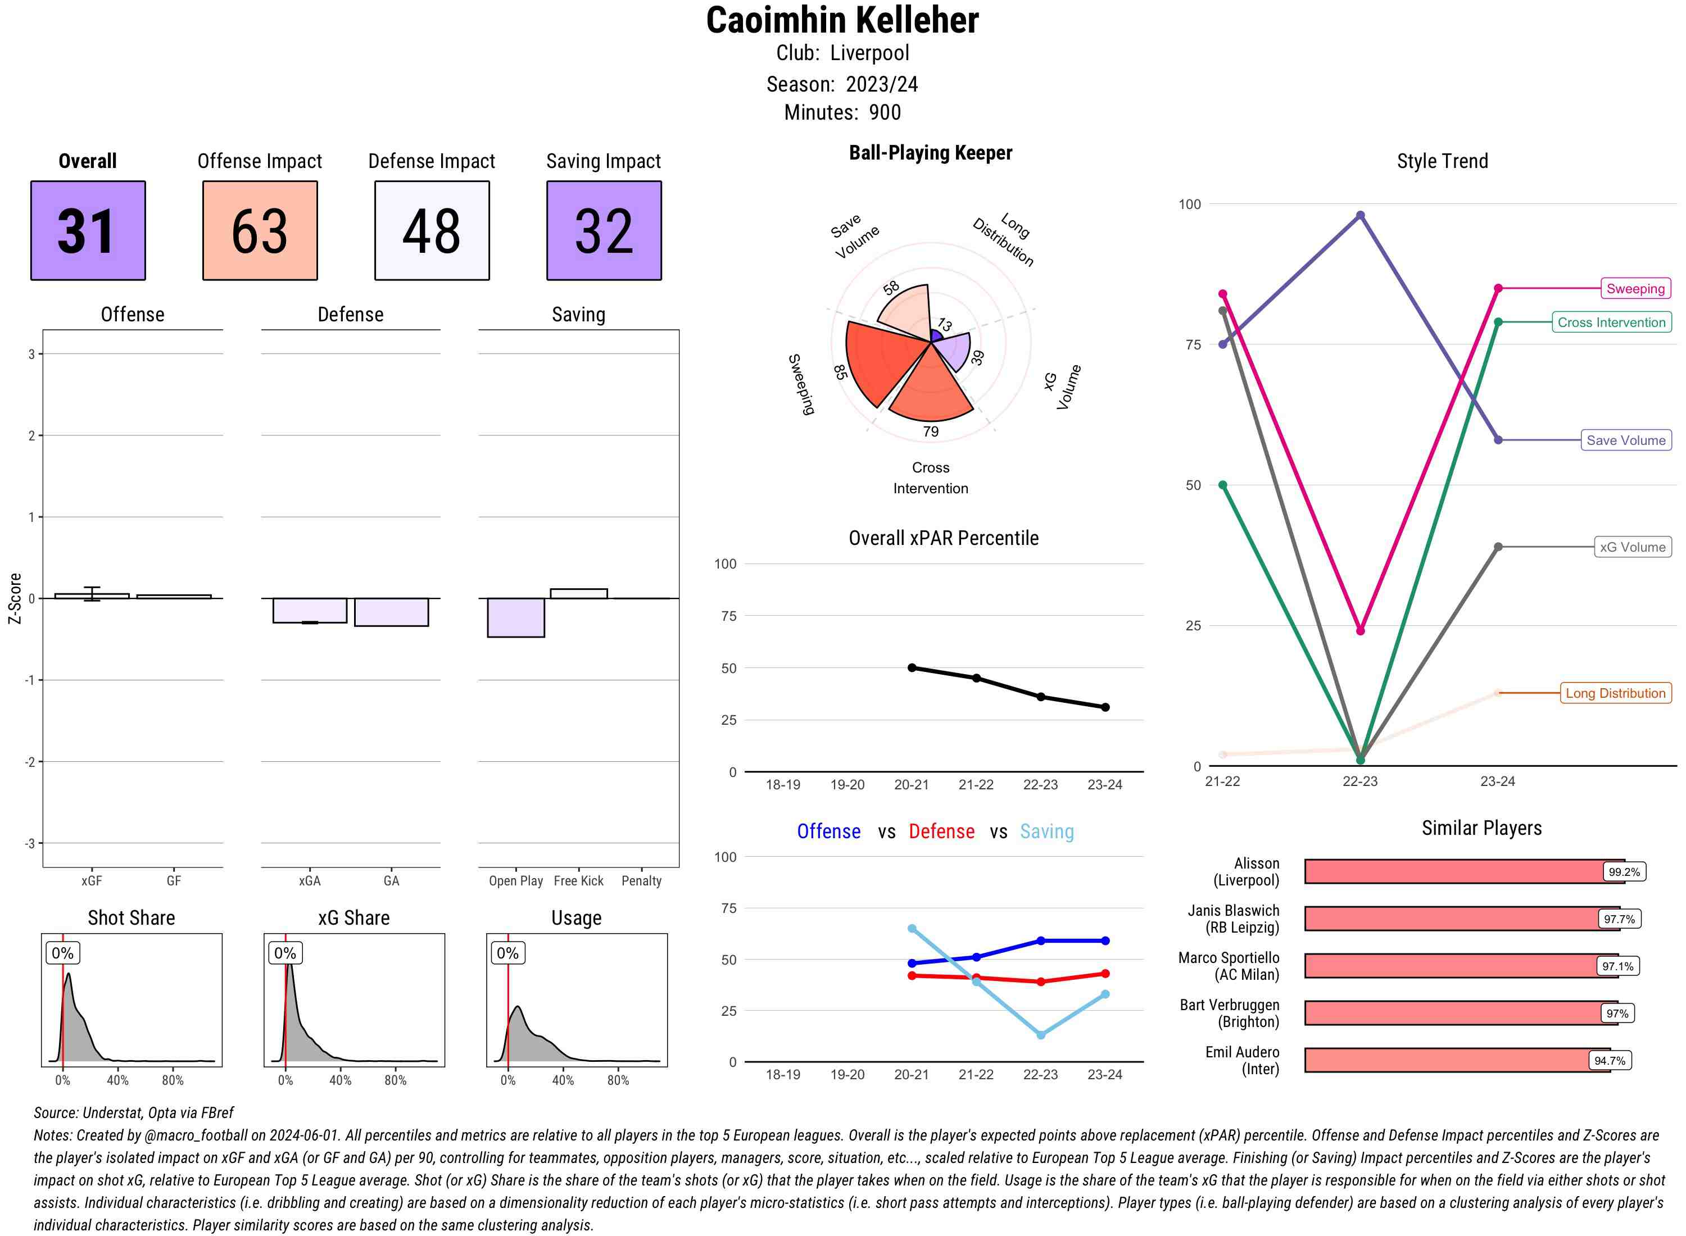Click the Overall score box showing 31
point(88,230)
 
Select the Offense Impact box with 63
point(260,230)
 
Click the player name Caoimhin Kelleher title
point(842,20)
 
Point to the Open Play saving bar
point(515,617)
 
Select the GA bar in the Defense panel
point(391,612)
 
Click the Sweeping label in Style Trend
point(1634,289)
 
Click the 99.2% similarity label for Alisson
point(1623,871)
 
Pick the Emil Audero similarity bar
point(1456,1060)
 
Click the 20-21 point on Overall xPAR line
point(912,667)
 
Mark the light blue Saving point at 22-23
point(1040,1035)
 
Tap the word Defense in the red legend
point(941,831)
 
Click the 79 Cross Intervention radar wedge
point(930,389)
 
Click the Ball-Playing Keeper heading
point(930,153)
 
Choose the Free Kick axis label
point(578,880)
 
